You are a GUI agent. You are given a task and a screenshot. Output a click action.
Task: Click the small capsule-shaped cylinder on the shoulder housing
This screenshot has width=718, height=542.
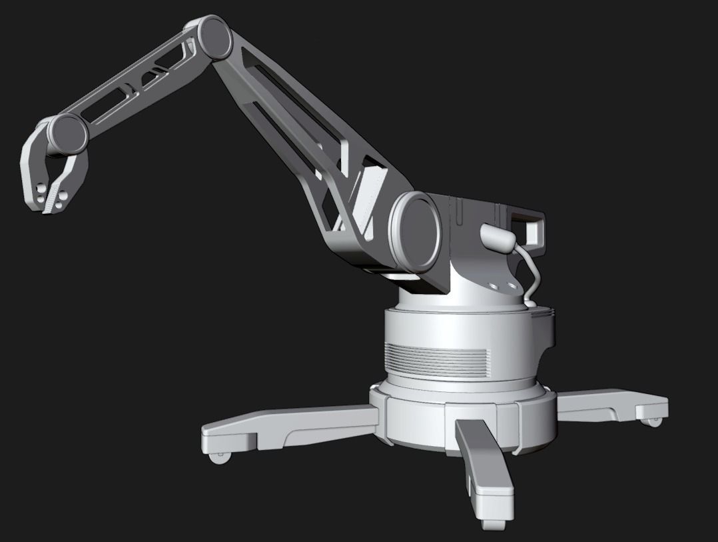[x=496, y=236]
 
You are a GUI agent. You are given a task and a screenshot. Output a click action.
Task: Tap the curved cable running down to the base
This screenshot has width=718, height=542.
[x=532, y=273]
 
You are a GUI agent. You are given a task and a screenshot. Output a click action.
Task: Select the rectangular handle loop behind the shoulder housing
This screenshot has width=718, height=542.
[x=533, y=229]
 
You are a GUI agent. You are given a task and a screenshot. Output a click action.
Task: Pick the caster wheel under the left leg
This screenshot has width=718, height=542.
[x=219, y=457]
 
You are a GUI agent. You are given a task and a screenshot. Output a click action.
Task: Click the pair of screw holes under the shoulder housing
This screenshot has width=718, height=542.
[x=502, y=285]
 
